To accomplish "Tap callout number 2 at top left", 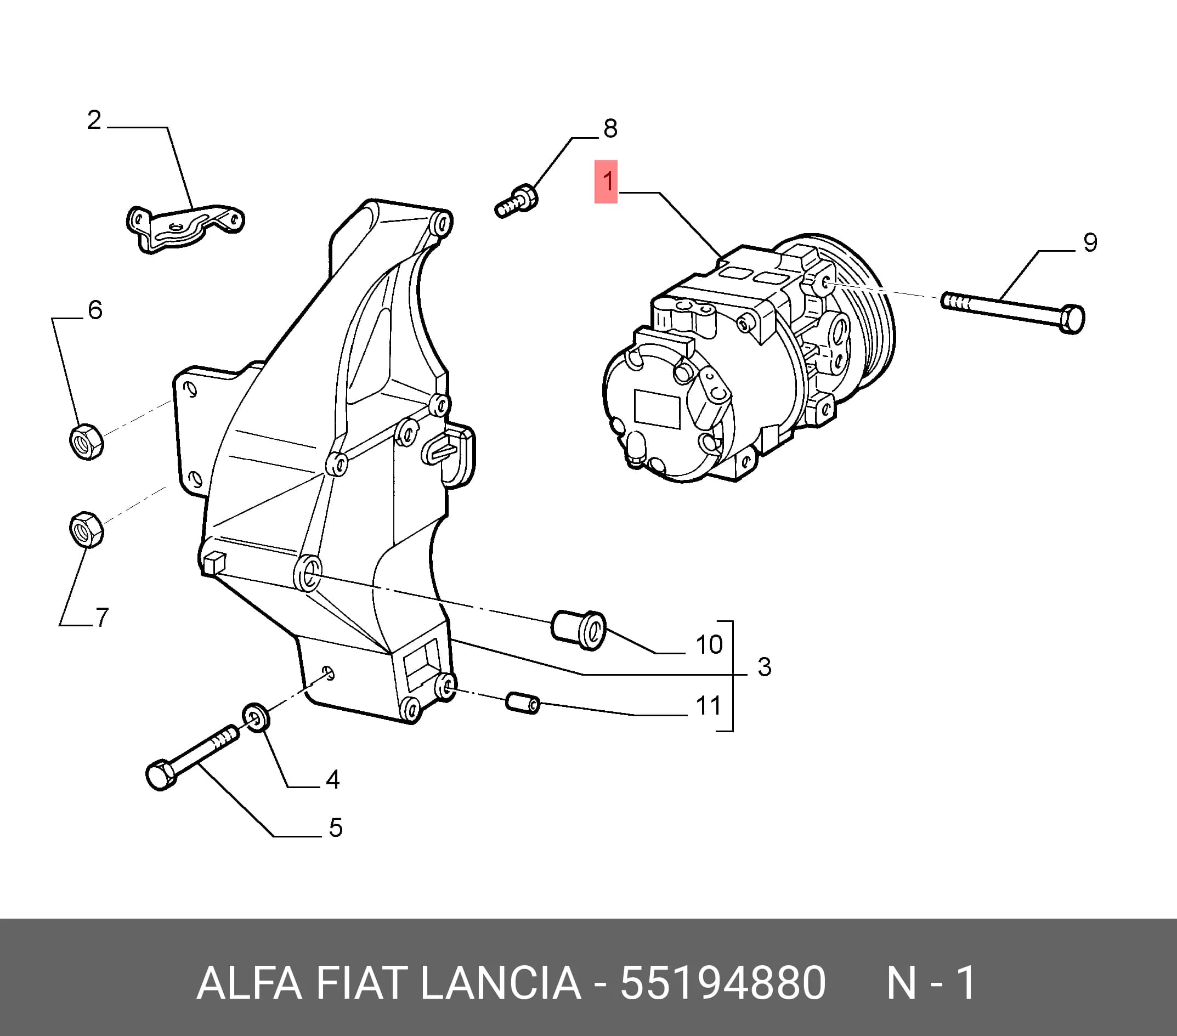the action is [x=94, y=120].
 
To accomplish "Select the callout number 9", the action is [x=1090, y=242].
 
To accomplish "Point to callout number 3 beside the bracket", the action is [x=764, y=667].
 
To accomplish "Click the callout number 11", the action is [x=708, y=706].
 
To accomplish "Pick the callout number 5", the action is [x=336, y=828].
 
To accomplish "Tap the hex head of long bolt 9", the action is [x=1072, y=319].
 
